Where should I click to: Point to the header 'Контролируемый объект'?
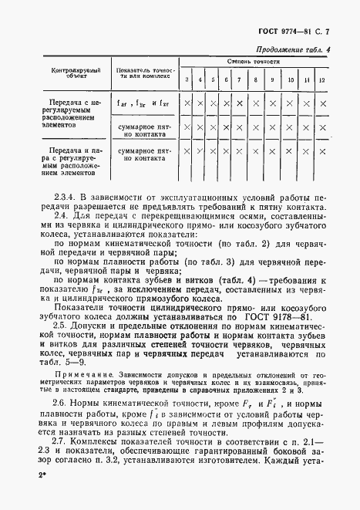pyautogui.click(x=72, y=73)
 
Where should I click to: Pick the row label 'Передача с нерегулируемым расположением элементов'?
pyautogui.click(x=72, y=113)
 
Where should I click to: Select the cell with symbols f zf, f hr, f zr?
pyautogui.click(x=142, y=103)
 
